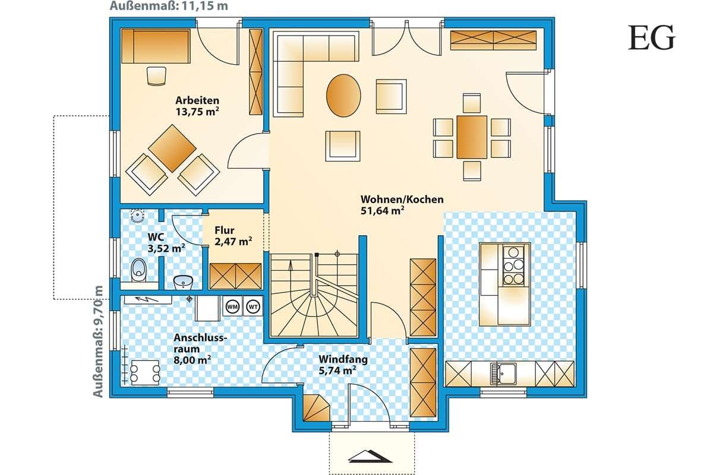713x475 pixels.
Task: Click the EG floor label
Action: [651, 38]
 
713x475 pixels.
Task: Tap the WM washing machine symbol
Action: [232, 307]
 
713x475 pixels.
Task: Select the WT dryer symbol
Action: [253, 307]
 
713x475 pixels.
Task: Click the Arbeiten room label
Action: [197, 100]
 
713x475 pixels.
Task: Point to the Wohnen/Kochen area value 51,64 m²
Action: [382, 211]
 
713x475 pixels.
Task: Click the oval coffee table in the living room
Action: [343, 96]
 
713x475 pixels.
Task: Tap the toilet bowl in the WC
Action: [139, 270]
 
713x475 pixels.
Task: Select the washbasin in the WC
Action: [183, 282]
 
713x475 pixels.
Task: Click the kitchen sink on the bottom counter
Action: [505, 373]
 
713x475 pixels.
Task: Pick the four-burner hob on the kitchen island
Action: [513, 265]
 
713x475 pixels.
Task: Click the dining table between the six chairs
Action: [472, 137]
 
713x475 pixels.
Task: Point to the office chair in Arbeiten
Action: [157, 76]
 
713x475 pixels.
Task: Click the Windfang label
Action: [343, 359]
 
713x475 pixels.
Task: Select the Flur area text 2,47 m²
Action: [234, 242]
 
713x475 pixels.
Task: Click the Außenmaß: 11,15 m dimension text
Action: [169, 6]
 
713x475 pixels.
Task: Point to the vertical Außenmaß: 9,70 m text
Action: [98, 341]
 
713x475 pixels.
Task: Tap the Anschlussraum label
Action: [200, 343]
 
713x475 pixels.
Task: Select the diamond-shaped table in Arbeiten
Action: [172, 148]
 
